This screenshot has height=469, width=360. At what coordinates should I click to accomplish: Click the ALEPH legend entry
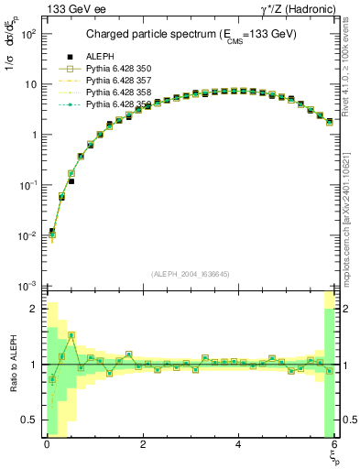click(98, 57)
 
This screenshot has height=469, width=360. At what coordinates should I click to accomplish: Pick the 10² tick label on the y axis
click(28, 33)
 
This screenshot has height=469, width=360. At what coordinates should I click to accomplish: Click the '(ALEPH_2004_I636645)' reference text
click(191, 274)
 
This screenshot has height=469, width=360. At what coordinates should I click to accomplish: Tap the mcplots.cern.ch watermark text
click(348, 220)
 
